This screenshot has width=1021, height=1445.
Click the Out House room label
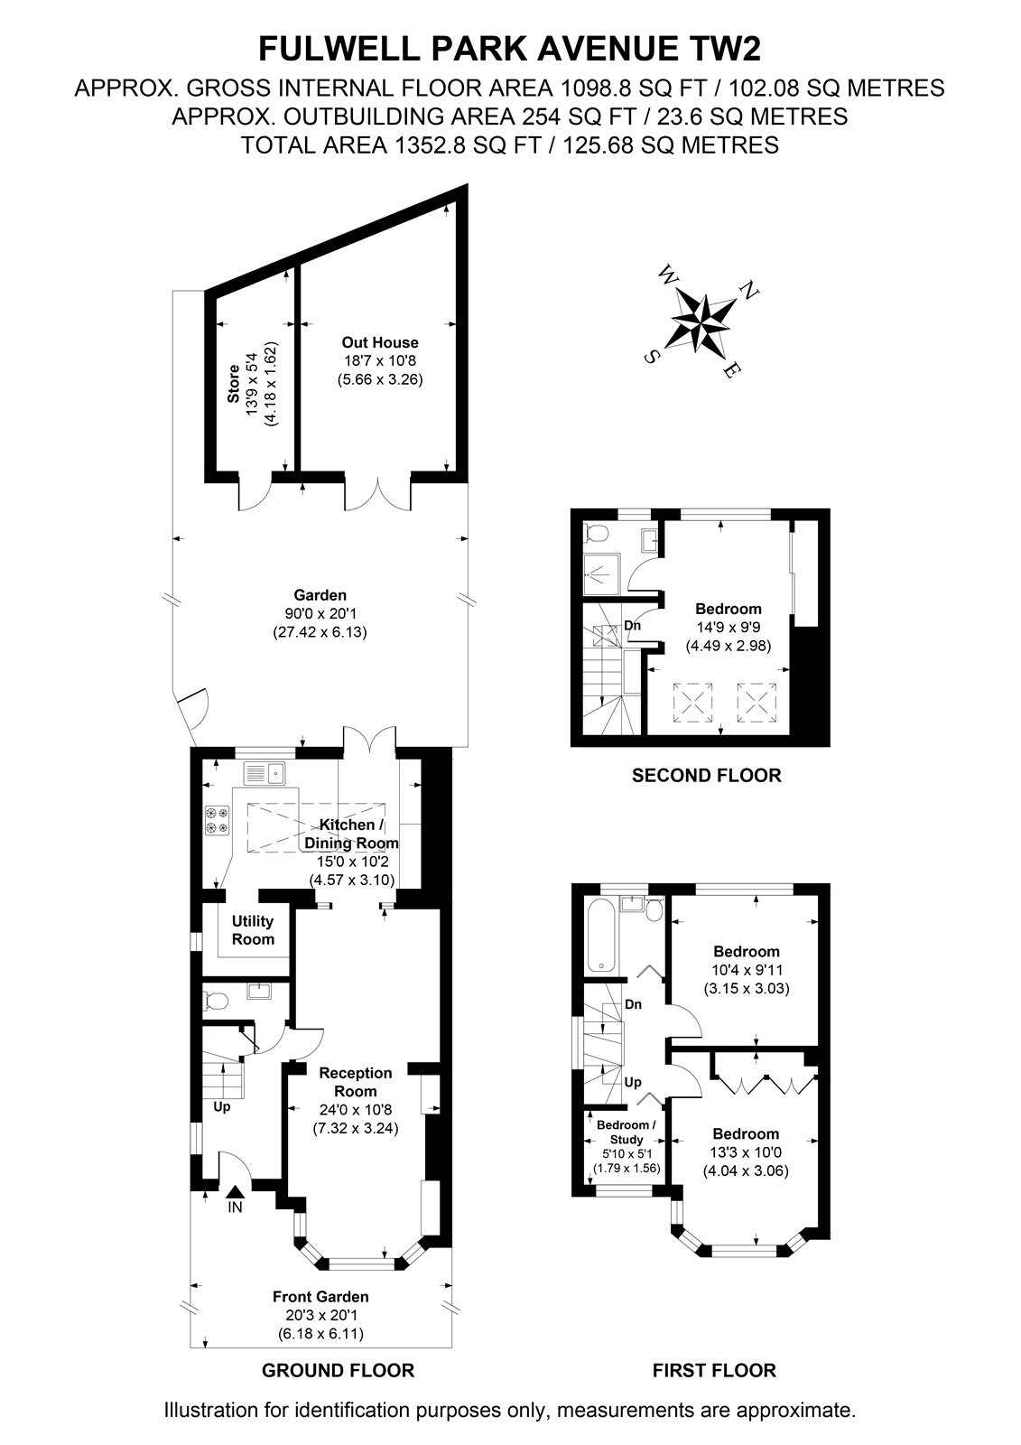click(x=380, y=342)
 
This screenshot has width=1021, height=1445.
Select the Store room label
click(x=233, y=384)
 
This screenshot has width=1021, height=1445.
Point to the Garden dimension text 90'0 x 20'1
click(x=320, y=613)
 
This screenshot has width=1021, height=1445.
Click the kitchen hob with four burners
click(x=218, y=820)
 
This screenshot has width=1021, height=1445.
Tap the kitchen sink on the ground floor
click(x=265, y=772)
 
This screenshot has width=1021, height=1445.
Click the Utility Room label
click(x=253, y=929)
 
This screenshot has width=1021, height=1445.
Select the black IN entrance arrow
click(x=236, y=1191)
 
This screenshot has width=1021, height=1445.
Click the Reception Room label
click(x=356, y=1082)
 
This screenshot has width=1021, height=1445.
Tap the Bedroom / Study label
click(x=627, y=1133)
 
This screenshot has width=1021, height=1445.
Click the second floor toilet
click(x=597, y=534)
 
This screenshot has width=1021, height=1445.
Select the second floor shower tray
click(x=602, y=573)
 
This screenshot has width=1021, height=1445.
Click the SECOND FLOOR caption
click(x=706, y=775)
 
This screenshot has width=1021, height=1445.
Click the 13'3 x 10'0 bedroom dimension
click(x=746, y=1152)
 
